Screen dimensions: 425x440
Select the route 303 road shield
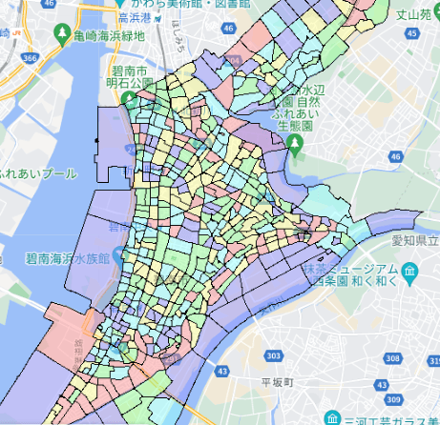pyautogui.click(x=274, y=355)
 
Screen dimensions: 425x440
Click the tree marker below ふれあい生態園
pyautogui.click(x=295, y=144)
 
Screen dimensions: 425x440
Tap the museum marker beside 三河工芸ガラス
pyautogui.click(x=331, y=417)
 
